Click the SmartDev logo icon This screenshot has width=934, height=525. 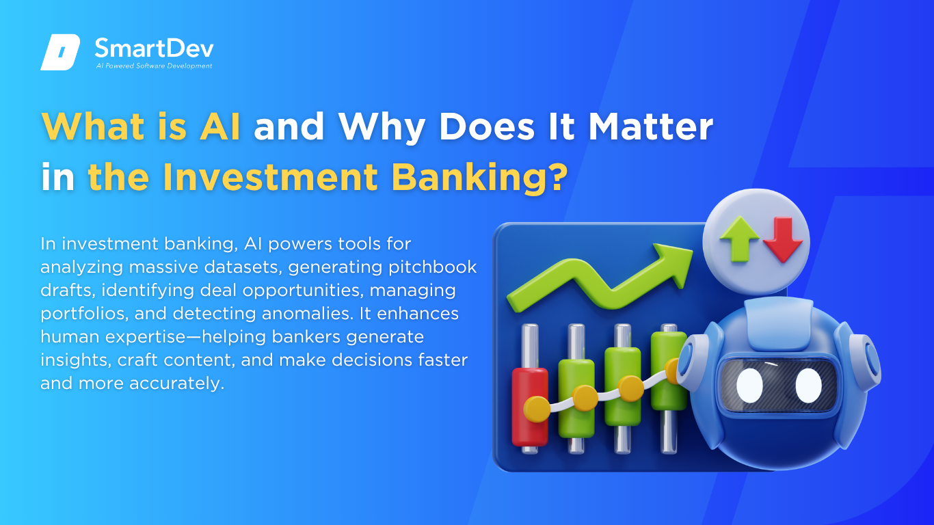point(60,52)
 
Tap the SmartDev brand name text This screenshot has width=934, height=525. point(154,49)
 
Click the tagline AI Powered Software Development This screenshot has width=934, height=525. point(154,66)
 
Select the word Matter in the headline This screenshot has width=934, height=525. point(650,126)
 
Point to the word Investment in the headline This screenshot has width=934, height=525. point(270,177)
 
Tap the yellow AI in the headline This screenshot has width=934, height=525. point(220,126)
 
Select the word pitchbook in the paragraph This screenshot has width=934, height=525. point(432,267)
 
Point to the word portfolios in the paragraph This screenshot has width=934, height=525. point(85,314)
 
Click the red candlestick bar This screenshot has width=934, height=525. point(529,407)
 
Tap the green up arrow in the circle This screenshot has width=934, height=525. point(740,239)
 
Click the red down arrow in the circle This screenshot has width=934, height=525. point(783,240)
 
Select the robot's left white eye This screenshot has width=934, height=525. point(749,386)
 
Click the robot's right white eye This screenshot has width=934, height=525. point(808,386)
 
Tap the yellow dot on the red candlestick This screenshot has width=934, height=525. point(537,409)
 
